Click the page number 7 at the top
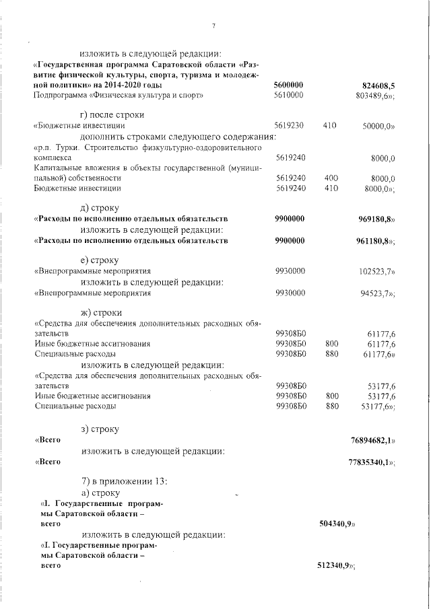coord(213,26)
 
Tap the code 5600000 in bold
coord(290,86)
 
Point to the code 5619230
coord(290,126)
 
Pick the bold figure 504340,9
coord(337,523)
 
